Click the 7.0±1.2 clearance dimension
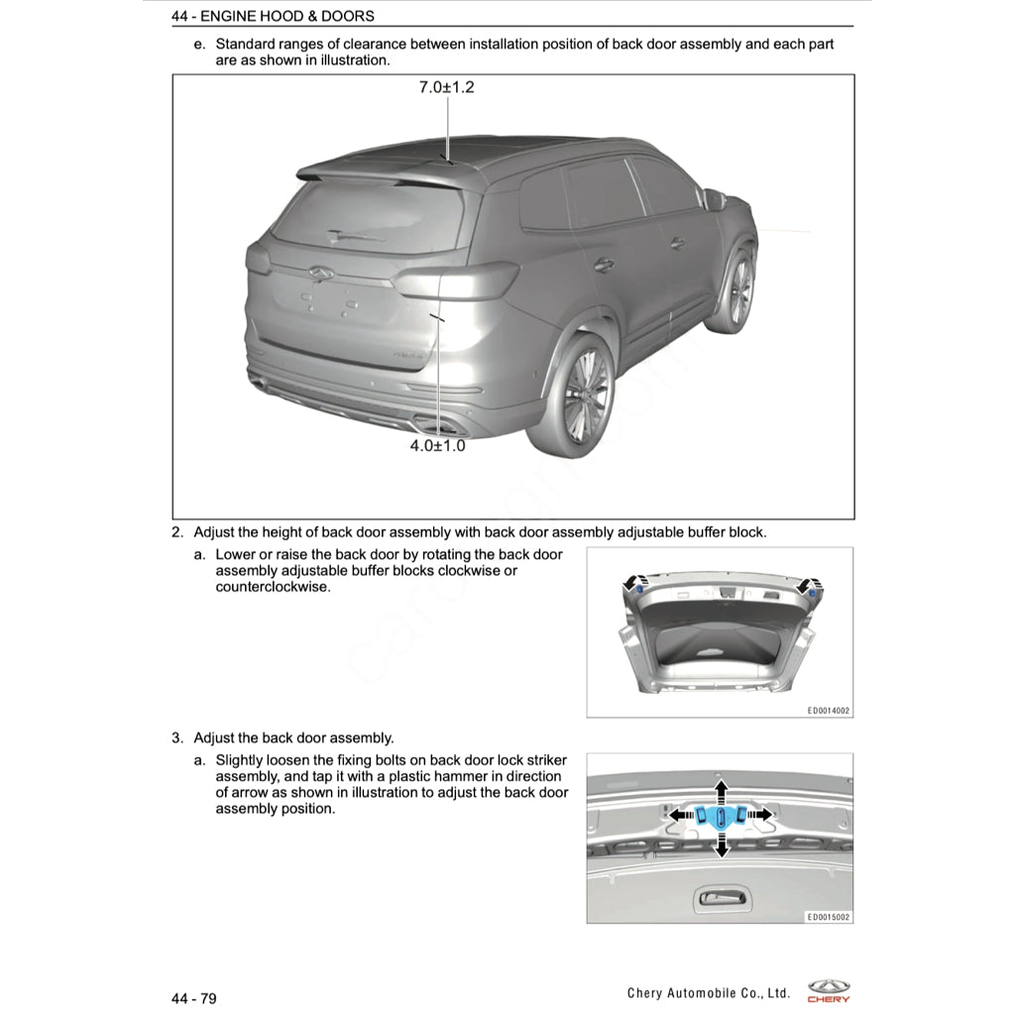pos(446,87)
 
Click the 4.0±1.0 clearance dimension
pos(437,446)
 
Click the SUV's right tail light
pos(455,281)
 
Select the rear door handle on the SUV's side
pos(604,264)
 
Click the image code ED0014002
pos(828,711)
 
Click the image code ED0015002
pos(828,917)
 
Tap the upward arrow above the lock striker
pos(721,790)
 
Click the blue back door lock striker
pos(721,816)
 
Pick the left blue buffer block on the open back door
pos(639,590)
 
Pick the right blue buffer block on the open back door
pos(812,591)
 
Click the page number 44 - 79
pos(193,998)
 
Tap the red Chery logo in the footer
pos(828,991)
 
